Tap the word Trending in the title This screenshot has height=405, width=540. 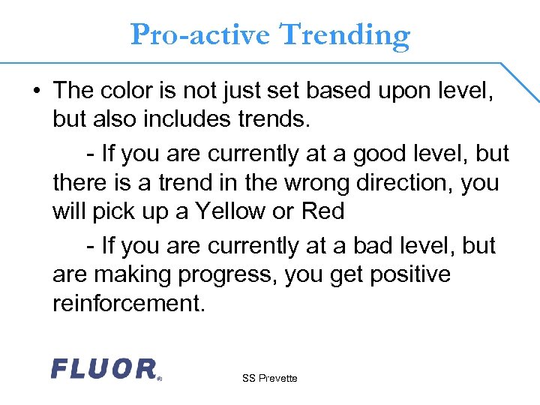[344, 34]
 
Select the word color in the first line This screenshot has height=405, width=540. [131, 91]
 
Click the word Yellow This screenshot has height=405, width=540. [230, 211]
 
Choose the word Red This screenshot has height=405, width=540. [322, 211]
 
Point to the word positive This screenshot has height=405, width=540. [410, 274]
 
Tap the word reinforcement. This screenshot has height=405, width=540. [128, 304]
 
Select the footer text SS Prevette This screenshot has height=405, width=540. [269, 378]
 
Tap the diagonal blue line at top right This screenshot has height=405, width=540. [520, 81]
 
